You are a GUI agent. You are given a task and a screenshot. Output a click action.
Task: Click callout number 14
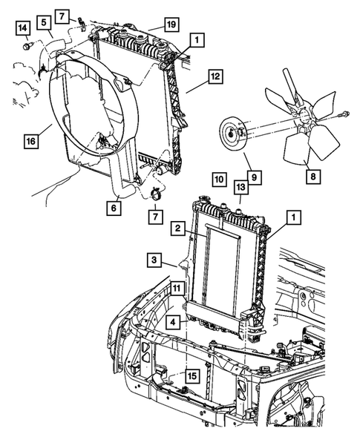coord(24,28)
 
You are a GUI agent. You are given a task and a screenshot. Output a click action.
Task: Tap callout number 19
coord(171,25)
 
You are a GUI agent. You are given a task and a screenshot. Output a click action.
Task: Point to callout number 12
coord(215,76)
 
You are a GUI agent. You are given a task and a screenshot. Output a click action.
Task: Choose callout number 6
coord(114,210)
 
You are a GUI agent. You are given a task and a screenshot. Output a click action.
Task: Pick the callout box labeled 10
coord(217,179)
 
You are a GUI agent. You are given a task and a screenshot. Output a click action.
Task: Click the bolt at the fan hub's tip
coord(346,114)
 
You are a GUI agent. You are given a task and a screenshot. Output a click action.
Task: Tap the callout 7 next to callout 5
coord(62,16)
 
